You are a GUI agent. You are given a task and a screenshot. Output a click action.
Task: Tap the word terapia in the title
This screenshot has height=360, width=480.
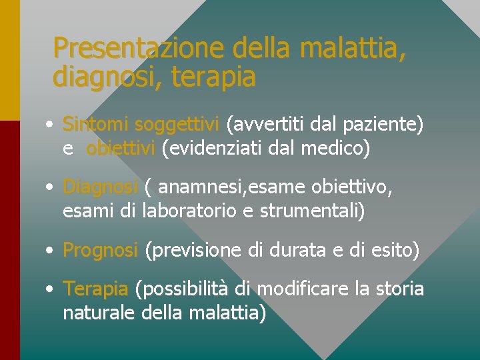click(x=213, y=78)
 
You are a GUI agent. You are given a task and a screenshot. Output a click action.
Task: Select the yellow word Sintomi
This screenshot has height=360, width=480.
click(x=95, y=124)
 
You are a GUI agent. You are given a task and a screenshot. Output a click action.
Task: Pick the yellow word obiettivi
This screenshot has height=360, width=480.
click(x=120, y=148)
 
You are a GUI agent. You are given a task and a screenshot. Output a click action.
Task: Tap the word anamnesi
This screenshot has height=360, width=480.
click(x=202, y=188)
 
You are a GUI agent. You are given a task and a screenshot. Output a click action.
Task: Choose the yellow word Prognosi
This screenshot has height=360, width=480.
click(x=100, y=251)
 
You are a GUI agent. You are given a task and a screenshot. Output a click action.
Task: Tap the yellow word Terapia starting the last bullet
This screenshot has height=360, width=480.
click(x=95, y=289)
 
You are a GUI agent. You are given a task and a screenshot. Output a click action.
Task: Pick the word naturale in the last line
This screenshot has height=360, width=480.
click(x=99, y=313)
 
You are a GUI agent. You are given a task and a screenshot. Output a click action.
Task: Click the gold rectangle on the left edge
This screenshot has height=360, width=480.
click(x=9, y=60)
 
